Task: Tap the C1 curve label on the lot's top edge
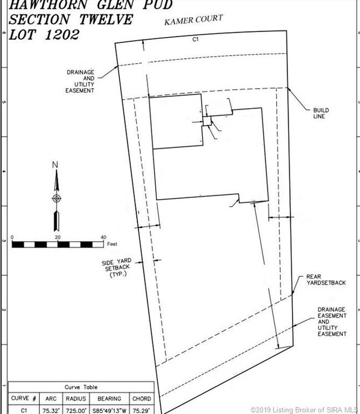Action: (x=195, y=39)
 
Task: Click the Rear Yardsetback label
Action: (x=326, y=279)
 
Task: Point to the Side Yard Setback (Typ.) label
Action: (x=116, y=268)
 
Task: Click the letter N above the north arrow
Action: (x=55, y=165)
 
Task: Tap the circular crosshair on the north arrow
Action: (x=56, y=198)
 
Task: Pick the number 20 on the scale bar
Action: (x=58, y=237)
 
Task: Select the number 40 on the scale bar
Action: (x=102, y=237)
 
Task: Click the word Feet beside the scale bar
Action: (x=113, y=244)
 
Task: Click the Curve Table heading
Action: (x=81, y=387)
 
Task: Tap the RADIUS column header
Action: (x=75, y=398)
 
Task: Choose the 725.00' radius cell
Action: (x=75, y=410)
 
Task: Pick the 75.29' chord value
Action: (x=142, y=410)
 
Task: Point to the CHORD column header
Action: (x=142, y=398)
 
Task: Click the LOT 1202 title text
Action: (x=44, y=34)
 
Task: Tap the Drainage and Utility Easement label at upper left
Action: (x=80, y=81)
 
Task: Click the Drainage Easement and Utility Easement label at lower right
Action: (x=332, y=322)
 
